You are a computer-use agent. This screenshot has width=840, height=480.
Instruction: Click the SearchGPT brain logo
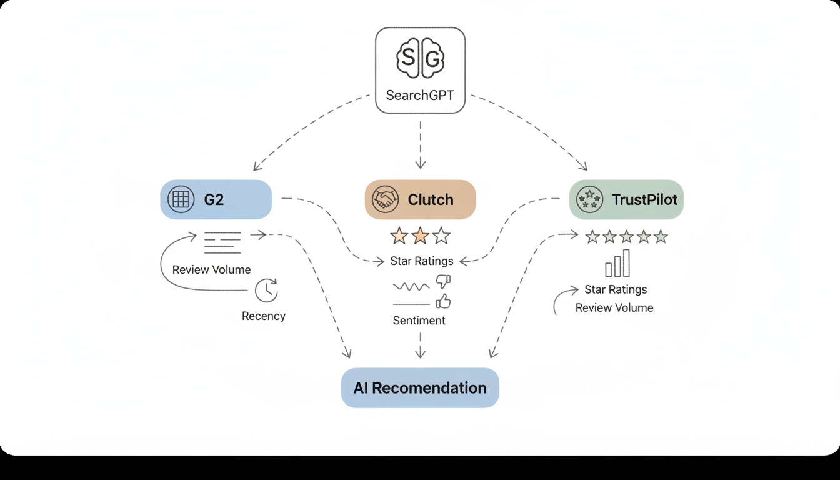pyautogui.click(x=420, y=59)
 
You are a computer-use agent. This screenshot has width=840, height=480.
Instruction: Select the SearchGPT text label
pyautogui.click(x=420, y=96)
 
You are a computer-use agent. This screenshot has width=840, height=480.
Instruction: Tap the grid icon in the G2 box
pyautogui.click(x=181, y=199)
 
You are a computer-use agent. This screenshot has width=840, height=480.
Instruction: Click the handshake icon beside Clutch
pyautogui.click(x=385, y=199)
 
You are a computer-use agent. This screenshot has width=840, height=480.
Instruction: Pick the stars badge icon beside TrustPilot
pyautogui.click(x=589, y=199)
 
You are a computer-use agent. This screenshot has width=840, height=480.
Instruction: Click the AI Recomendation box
pyautogui.click(x=420, y=387)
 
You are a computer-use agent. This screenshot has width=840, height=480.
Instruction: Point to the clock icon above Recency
pyautogui.click(x=267, y=291)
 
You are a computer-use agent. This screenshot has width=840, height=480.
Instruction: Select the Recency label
pyautogui.click(x=264, y=316)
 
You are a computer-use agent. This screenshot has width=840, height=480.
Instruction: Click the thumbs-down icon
pyautogui.click(x=443, y=281)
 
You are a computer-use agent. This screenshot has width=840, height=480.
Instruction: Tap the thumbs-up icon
pyautogui.click(x=443, y=301)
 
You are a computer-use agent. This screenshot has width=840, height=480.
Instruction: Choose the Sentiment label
pyautogui.click(x=419, y=321)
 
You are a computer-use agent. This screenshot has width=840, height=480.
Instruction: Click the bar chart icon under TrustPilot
pyautogui.click(x=617, y=264)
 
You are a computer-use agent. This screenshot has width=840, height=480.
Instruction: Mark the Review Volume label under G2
pyautogui.click(x=211, y=269)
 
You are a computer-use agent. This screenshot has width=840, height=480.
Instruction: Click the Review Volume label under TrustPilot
pyautogui.click(x=614, y=307)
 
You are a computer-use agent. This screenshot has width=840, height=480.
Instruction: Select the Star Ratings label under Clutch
pyautogui.click(x=422, y=261)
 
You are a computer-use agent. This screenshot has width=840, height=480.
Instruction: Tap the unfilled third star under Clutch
pyautogui.click(x=441, y=236)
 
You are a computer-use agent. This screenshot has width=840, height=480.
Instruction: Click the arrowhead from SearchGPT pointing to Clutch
pyautogui.click(x=420, y=164)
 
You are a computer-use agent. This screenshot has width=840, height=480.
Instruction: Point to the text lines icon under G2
pyautogui.click(x=222, y=242)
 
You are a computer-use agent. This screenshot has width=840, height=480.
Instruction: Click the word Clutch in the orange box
pyautogui.click(x=431, y=199)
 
